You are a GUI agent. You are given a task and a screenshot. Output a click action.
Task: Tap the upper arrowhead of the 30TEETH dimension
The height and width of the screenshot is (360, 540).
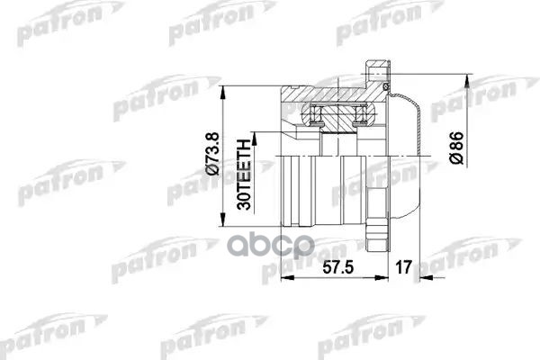(256, 134)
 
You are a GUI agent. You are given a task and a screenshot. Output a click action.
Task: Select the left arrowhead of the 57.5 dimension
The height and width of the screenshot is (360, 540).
(287, 280)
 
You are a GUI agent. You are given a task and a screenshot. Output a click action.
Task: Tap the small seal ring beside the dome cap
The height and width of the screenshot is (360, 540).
(386, 87)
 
